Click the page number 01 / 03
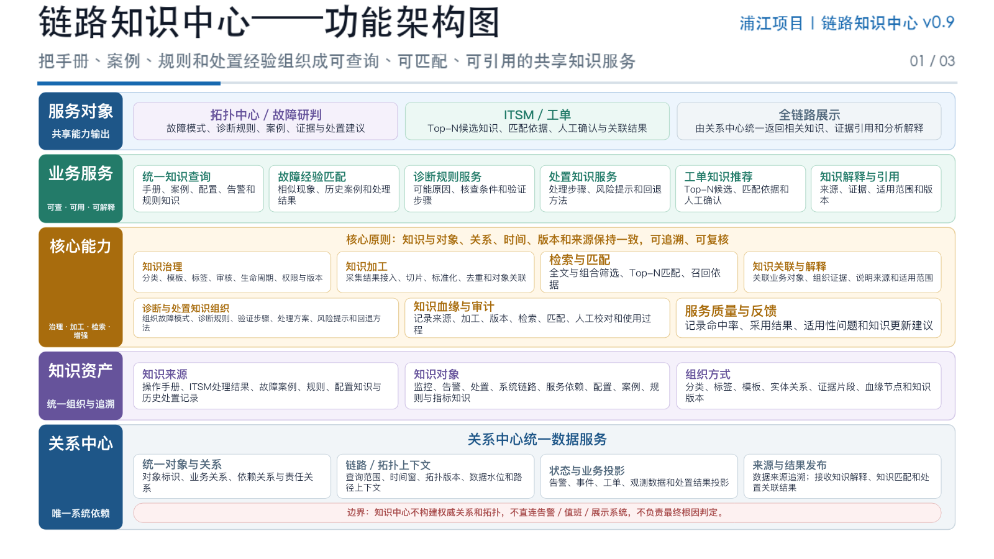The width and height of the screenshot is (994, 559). pos(932,61)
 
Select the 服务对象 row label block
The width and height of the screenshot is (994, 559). pos(80,120)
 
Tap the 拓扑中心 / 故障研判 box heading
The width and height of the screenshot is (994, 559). pos(265,115)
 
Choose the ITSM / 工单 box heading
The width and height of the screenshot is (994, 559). pos(537,115)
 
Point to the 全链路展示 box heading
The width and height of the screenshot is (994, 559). pos(809,115)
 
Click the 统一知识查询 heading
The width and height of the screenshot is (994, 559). pos(176,176)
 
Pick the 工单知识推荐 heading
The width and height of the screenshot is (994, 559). pos(718,176)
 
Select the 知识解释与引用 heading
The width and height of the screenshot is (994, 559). pos(859,176)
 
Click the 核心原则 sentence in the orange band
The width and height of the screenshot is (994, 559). pos(537,240)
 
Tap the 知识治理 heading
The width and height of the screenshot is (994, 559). pos(162,266)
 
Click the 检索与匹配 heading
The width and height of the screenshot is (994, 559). pos(580,260)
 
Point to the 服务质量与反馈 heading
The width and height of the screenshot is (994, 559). pos(731,311)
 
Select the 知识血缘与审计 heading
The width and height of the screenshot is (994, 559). pos(454,306)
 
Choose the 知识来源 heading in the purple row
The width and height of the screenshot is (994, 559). pos(165,374)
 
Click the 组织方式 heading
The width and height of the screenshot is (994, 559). pos(708,374)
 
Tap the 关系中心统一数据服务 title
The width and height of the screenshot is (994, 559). pos(537,439)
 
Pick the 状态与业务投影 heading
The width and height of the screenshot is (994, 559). pos(586,470)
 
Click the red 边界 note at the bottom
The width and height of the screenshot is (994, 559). pos(537,512)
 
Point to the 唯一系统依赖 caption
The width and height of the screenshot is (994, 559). pos(80,513)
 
